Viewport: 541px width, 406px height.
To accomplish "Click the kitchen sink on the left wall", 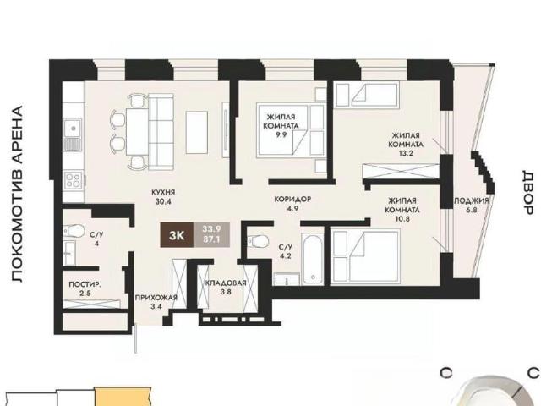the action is (x=73, y=134).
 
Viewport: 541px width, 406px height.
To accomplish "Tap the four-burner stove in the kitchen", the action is (x=74, y=180).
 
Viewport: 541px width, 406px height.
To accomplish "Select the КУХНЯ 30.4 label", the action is (x=163, y=197).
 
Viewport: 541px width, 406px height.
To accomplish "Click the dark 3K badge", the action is (x=177, y=235).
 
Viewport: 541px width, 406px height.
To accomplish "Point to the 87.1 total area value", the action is (x=211, y=239).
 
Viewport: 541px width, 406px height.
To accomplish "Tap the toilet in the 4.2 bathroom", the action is (x=257, y=240).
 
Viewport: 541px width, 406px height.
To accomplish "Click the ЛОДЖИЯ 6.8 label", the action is (x=472, y=205).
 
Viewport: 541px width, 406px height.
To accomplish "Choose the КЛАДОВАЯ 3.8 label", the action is (x=226, y=287).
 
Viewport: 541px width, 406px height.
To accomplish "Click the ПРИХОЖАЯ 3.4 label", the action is (x=156, y=302).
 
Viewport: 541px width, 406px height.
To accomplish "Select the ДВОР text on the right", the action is (x=527, y=192).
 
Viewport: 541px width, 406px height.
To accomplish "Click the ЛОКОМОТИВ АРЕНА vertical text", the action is (x=17, y=194).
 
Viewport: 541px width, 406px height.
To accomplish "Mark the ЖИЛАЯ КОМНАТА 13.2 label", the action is (x=406, y=145).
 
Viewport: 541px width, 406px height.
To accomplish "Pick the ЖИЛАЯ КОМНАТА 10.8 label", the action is (x=402, y=209).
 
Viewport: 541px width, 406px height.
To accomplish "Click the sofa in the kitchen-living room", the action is (x=161, y=132).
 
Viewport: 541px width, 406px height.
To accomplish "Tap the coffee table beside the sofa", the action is (x=197, y=132).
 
